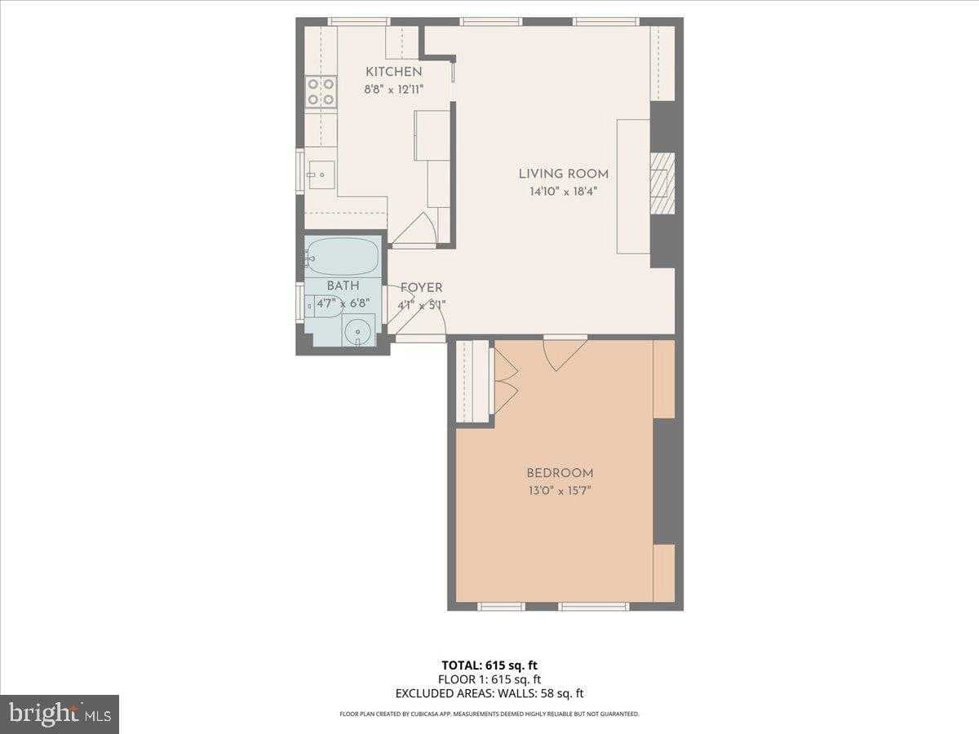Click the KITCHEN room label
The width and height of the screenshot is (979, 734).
point(393,72)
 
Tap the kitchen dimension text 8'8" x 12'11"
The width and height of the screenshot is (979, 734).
point(393,90)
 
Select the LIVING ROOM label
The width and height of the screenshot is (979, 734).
point(563,174)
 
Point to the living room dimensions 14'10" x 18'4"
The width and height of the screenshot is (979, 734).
point(563,192)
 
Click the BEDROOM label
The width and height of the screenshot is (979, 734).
point(560,473)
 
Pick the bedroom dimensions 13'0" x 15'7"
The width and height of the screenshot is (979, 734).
point(560,491)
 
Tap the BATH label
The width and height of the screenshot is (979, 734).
point(343,286)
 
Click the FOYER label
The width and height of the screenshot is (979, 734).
point(421,288)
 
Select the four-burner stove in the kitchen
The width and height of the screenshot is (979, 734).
point(321,92)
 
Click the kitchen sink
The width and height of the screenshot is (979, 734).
point(321,175)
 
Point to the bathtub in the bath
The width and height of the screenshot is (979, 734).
point(343,257)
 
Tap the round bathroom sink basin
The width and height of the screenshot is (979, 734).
point(357,331)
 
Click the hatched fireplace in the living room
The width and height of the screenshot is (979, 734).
point(662,183)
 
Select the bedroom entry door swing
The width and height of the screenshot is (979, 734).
point(563,352)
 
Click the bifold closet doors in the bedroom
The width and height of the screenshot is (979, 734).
point(504,381)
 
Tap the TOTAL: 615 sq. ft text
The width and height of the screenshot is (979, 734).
point(489,665)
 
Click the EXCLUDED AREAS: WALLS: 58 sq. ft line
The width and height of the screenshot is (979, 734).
point(489,694)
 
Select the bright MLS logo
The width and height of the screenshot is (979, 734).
point(60,714)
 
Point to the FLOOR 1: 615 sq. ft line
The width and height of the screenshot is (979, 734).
point(489,679)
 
